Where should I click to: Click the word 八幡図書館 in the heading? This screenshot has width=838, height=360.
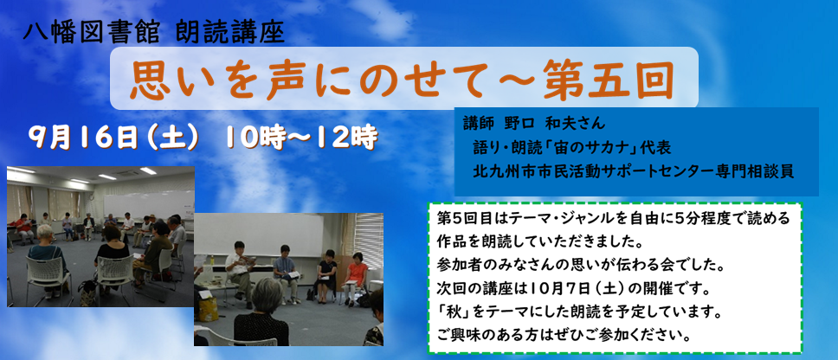(91, 34)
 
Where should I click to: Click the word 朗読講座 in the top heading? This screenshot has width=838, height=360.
(229, 34)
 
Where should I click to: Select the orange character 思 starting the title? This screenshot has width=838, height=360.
(147, 81)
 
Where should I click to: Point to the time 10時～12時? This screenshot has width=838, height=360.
(301, 138)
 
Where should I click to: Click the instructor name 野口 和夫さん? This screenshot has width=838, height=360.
(555, 124)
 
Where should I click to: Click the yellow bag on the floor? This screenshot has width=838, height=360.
(208, 309)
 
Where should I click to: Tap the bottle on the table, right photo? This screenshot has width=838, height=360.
(211, 260)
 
